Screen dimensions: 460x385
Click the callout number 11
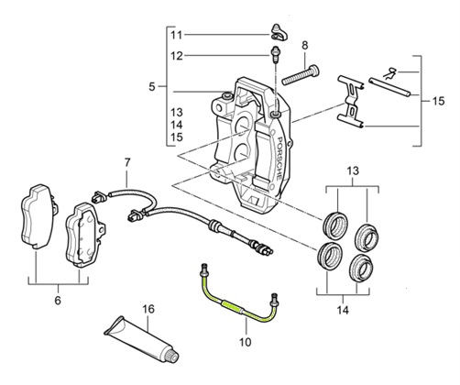tap(176, 35)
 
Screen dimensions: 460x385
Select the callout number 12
tap(177, 56)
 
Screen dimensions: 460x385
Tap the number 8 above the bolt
tap(305, 46)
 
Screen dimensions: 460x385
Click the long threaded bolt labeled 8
tap(300, 75)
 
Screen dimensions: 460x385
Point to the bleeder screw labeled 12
tap(275, 54)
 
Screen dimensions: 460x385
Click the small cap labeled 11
tap(279, 32)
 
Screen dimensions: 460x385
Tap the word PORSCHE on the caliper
tap(278, 158)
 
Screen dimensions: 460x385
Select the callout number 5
tap(152, 87)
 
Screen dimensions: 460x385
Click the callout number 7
tap(127, 162)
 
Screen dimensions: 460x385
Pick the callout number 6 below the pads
tap(58, 301)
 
